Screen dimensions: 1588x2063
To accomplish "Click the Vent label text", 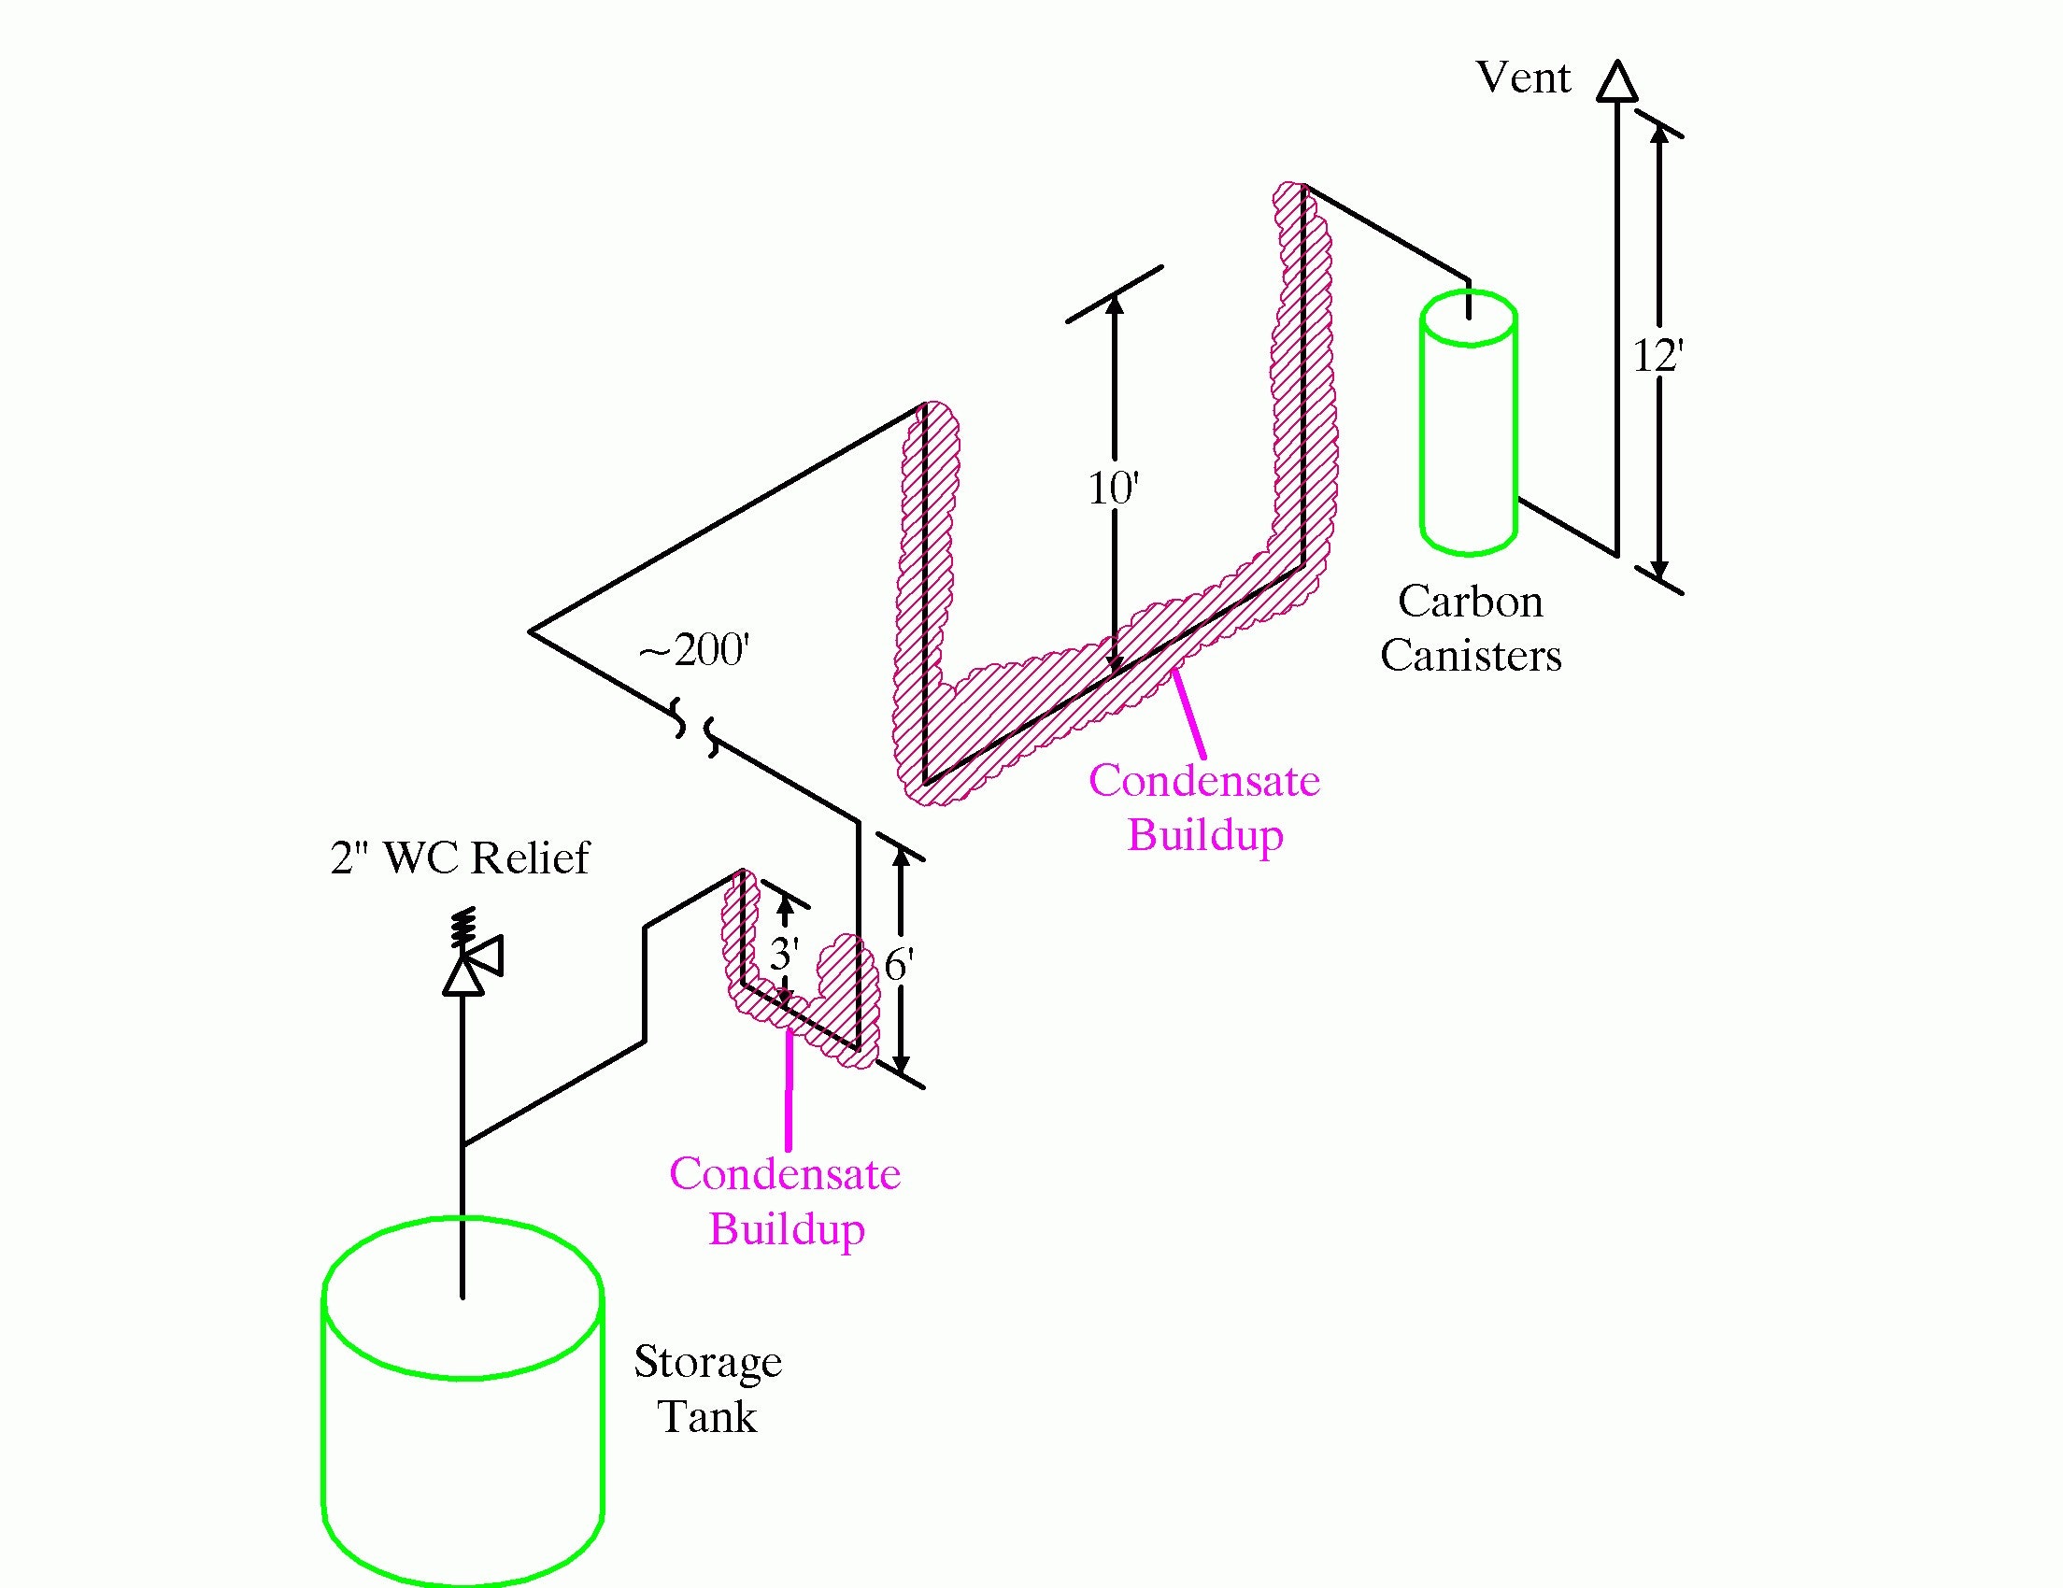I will tap(1523, 78).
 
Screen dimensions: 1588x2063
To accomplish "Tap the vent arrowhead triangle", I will tap(1616, 82).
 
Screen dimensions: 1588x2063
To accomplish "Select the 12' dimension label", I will tap(1658, 357).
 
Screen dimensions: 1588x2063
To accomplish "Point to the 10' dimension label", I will tap(1114, 489).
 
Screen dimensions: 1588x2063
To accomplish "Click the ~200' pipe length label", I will tap(694, 650).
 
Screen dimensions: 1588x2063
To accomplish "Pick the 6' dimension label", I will tap(898, 966).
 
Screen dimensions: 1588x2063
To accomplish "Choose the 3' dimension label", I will tap(784, 955).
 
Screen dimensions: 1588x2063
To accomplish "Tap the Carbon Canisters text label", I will tap(1470, 629).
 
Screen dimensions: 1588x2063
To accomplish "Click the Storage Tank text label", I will tap(707, 1389).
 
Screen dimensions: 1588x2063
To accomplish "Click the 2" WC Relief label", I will tap(459, 858).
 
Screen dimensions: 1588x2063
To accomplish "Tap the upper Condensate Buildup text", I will tap(1204, 807).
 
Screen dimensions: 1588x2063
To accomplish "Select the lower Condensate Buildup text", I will tap(785, 1201).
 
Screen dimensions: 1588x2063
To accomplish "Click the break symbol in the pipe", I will tap(695, 726).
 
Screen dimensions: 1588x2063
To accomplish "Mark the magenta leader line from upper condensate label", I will tap(1188, 713).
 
